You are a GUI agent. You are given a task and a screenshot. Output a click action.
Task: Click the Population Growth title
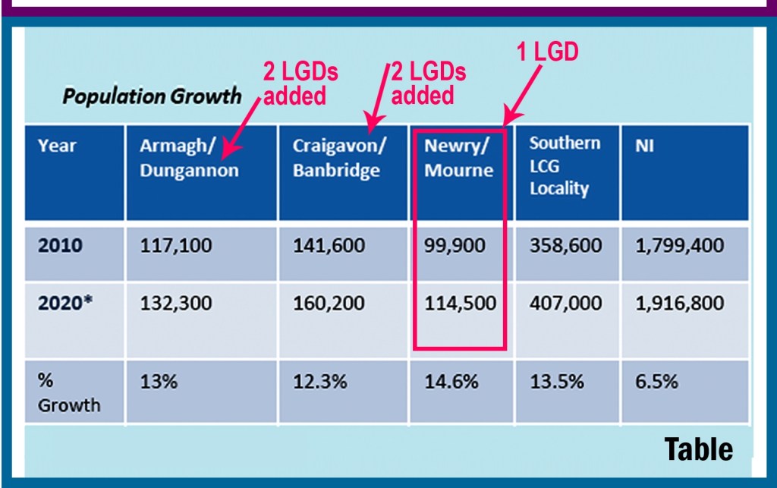pyautogui.click(x=152, y=97)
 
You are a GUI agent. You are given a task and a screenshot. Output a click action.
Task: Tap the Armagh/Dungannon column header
pyautogui.click(x=189, y=158)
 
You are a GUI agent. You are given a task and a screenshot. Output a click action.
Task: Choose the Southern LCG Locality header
pyautogui.click(x=565, y=165)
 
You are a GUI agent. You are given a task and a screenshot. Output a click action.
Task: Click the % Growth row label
pyautogui.click(x=68, y=392)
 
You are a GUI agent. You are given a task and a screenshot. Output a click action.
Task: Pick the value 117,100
pyautogui.click(x=176, y=246)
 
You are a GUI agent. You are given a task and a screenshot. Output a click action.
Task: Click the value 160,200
pyautogui.click(x=329, y=303)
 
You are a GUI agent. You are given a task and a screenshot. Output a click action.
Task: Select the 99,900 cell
pyautogui.click(x=454, y=246)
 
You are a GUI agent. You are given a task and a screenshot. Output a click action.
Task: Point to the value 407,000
pyautogui.click(x=565, y=303)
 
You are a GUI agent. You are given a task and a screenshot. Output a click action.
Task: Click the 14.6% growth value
pyautogui.click(x=451, y=381)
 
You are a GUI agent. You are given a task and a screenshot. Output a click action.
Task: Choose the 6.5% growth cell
pyautogui.click(x=656, y=381)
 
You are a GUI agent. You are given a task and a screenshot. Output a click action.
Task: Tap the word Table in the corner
pyautogui.click(x=699, y=449)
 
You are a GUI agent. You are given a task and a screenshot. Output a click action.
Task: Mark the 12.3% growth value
pyautogui.click(x=319, y=381)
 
